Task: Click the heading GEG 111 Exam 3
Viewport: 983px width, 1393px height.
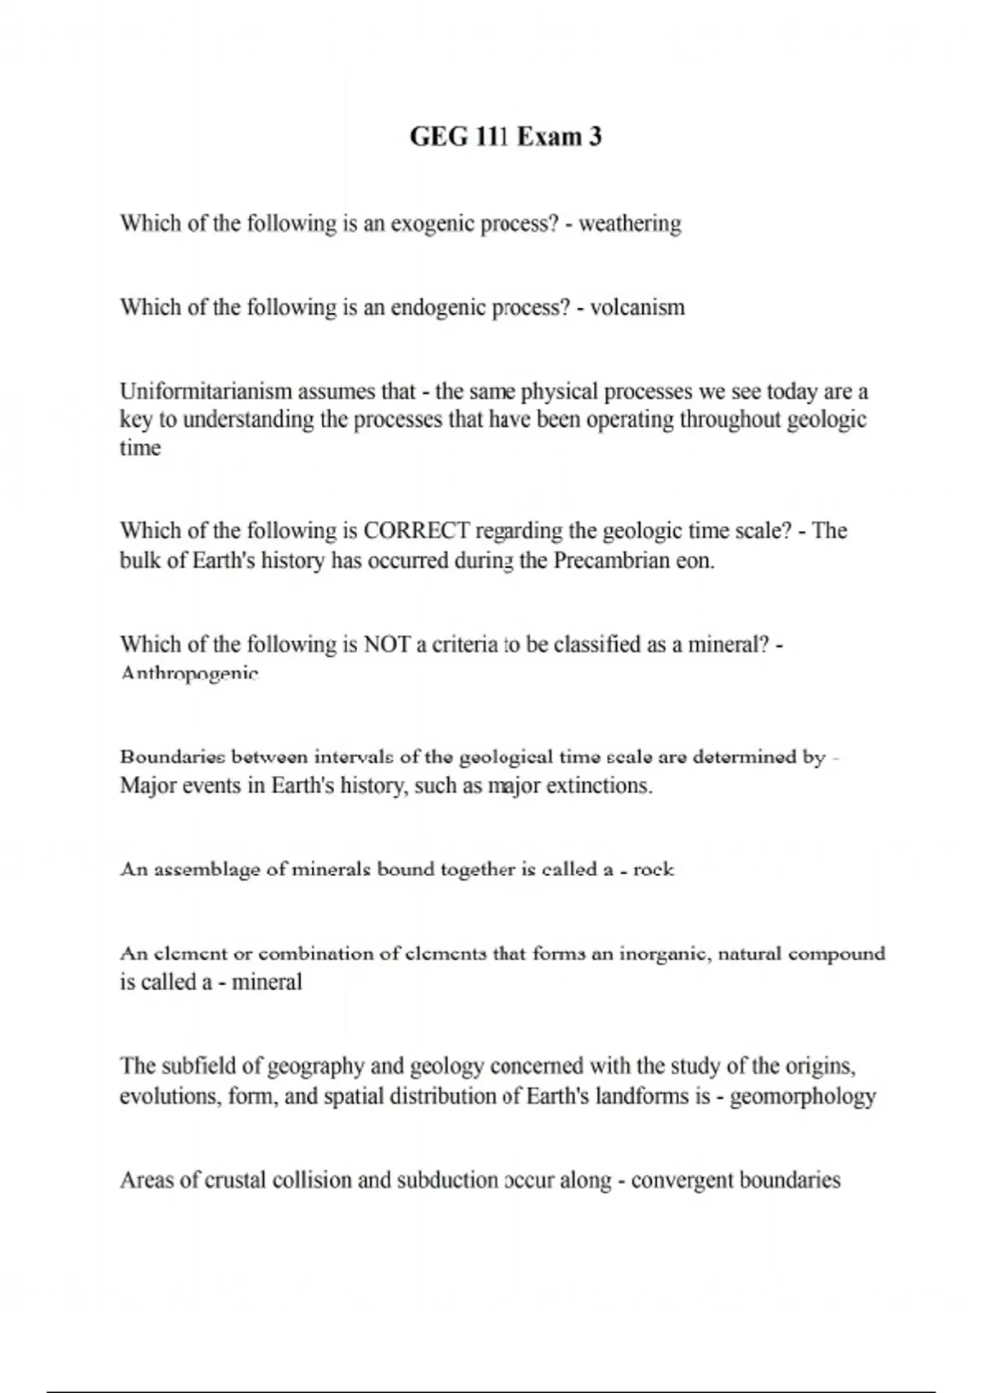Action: pos(505,136)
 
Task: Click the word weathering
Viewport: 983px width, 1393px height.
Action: pos(630,224)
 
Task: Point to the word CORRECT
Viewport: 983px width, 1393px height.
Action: pos(416,531)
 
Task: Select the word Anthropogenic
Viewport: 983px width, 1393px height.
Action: pos(189,674)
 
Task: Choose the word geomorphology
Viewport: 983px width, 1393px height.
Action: pos(803,1096)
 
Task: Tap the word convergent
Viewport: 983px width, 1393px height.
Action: pos(682,1181)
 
